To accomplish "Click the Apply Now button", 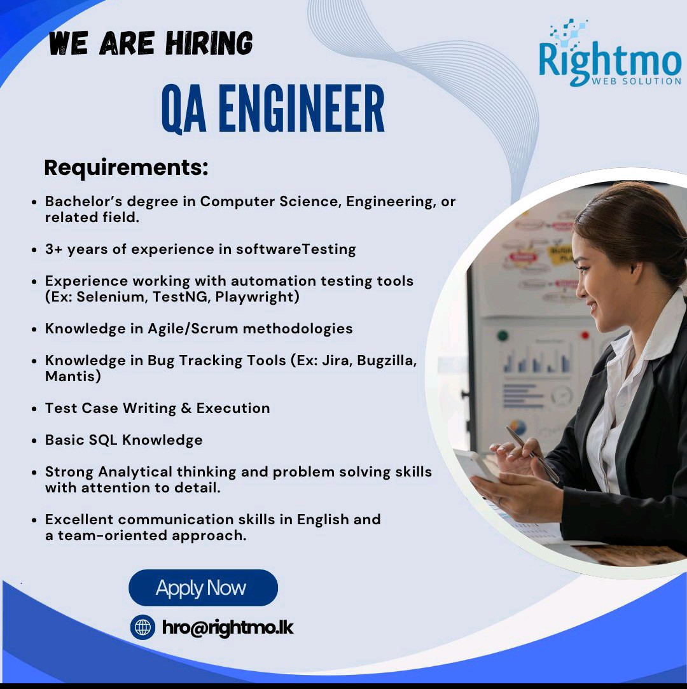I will click(x=203, y=588).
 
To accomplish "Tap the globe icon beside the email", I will click(x=142, y=627).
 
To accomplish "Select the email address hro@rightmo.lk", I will click(x=228, y=627).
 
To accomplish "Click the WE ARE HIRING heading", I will click(x=151, y=43).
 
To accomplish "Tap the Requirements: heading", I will click(x=126, y=168).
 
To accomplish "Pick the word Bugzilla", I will click(x=387, y=361).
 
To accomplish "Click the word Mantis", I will click(x=70, y=377).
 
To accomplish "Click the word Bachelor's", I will click(x=83, y=202).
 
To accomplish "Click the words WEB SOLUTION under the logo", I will click(x=635, y=81).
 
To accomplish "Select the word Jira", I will click(x=336, y=361).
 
